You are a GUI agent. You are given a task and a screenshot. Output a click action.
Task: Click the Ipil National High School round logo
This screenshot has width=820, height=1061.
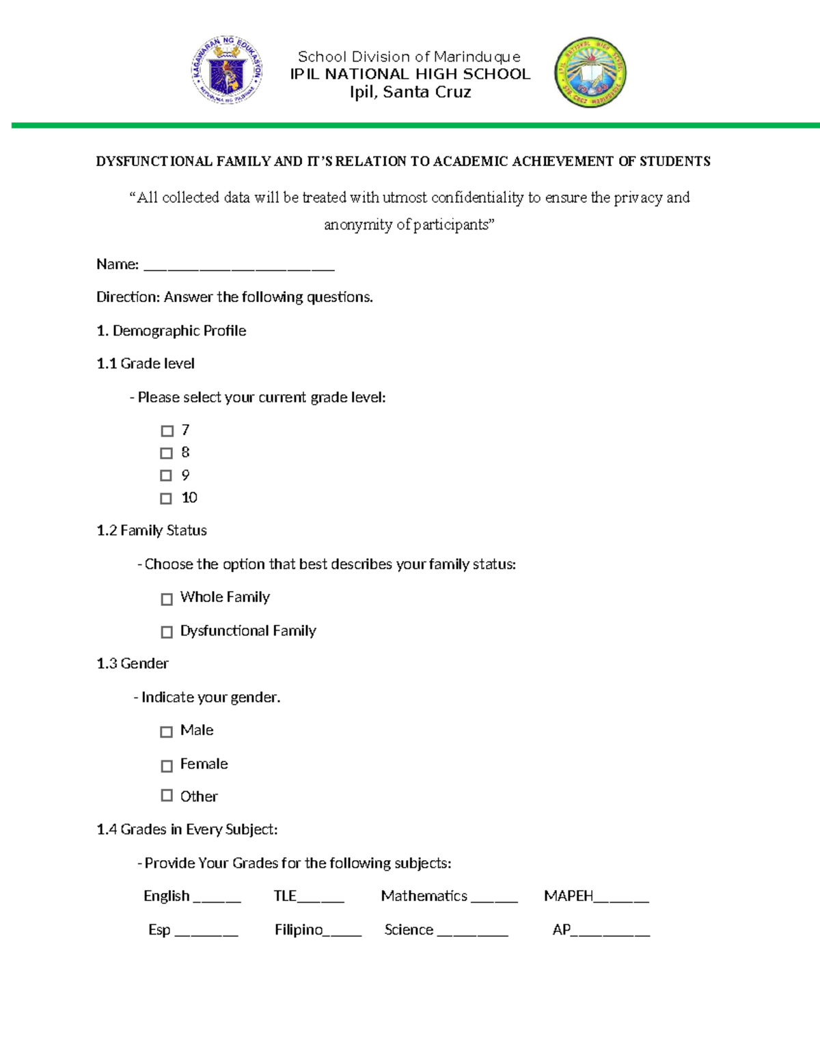590,72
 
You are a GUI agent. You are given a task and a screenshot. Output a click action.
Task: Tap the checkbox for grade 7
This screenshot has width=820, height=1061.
167,431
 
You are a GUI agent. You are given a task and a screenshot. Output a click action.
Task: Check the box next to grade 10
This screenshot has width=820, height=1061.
166,499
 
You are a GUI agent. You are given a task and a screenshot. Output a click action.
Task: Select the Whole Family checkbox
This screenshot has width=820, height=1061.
167,599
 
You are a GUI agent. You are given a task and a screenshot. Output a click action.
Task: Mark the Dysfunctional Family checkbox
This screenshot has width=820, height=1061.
167,632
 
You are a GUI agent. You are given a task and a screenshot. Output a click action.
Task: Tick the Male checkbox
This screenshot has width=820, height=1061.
166,732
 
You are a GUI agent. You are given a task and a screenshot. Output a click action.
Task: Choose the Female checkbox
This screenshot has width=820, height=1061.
167,766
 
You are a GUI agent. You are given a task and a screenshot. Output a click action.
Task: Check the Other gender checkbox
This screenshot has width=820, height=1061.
167,795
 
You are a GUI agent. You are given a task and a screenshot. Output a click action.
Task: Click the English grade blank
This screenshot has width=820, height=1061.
217,900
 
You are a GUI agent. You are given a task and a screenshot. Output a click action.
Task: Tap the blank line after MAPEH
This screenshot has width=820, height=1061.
621,900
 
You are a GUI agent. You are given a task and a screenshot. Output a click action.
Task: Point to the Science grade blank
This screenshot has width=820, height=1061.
472,933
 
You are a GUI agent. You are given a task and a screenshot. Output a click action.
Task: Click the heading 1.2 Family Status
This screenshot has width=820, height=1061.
152,531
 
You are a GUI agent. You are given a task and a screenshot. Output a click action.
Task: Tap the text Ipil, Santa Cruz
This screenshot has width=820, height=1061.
410,92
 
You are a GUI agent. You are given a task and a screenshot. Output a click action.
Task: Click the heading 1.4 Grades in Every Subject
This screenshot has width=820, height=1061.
187,829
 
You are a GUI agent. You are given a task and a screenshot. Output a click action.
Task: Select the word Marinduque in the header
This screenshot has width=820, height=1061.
477,57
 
